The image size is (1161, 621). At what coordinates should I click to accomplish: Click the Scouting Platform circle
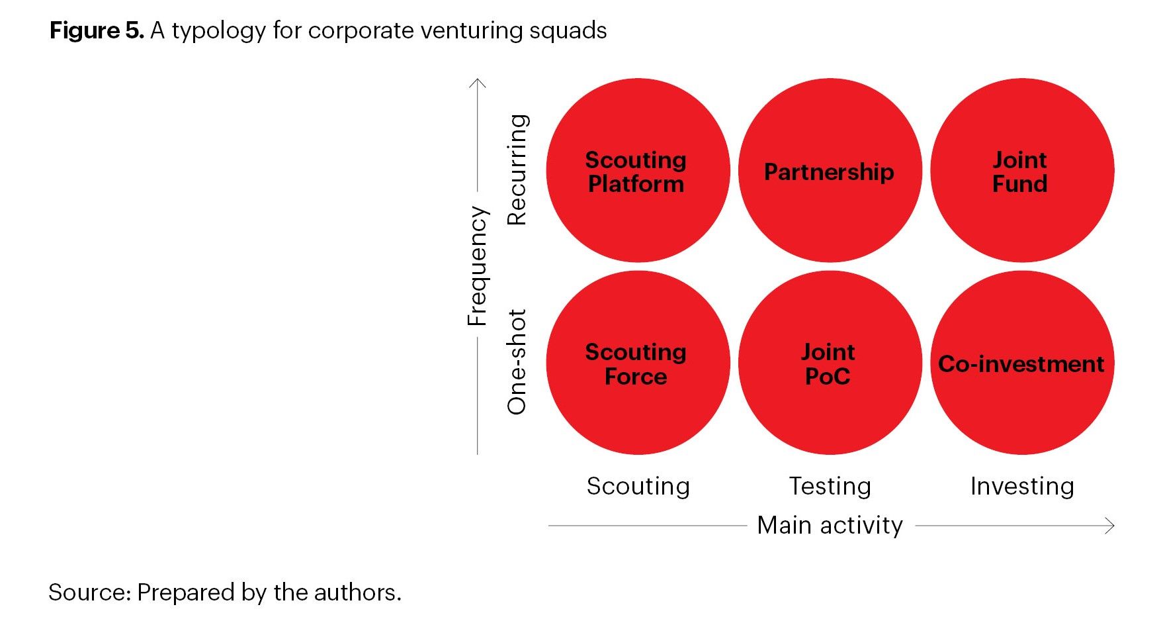pyautogui.click(x=637, y=171)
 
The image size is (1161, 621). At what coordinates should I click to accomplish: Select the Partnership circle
pyautogui.click(x=830, y=171)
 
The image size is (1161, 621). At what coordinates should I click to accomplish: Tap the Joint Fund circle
pyautogui.click(x=1021, y=171)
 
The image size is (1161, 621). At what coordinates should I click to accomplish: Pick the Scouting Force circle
pyautogui.click(x=637, y=363)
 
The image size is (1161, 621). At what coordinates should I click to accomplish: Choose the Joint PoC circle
pyautogui.click(x=830, y=363)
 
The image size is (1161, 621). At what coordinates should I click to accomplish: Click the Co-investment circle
pyautogui.click(x=1021, y=363)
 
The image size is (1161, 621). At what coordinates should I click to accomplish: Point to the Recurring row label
pyautogui.click(x=517, y=170)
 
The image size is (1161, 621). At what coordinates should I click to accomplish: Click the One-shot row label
pyautogui.click(x=517, y=361)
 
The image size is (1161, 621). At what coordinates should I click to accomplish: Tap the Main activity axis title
pyautogui.click(x=830, y=525)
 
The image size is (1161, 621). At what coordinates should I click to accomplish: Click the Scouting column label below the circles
pyautogui.click(x=638, y=486)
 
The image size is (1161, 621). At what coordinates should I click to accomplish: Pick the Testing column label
pyautogui.click(x=830, y=486)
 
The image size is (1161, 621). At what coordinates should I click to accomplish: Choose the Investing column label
pyautogui.click(x=1022, y=486)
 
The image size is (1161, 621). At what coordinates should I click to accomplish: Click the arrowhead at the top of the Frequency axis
pyautogui.click(x=477, y=82)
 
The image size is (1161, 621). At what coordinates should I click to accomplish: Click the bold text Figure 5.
pyautogui.click(x=97, y=30)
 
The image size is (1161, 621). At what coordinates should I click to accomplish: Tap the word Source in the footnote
pyautogui.click(x=90, y=592)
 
